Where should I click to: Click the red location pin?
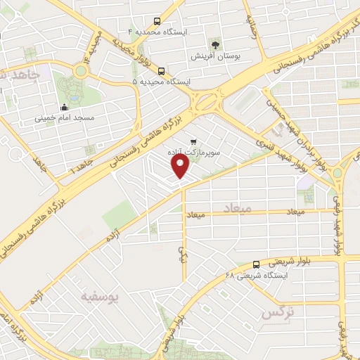pyautogui.click(x=181, y=166)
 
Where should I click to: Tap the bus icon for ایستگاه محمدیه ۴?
pyautogui.click(x=157, y=22)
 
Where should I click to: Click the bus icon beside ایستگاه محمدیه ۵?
pyautogui.click(x=162, y=71)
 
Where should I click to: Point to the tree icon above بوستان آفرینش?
pyautogui.click(x=215, y=44)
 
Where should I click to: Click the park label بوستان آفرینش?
pyautogui.click(x=215, y=55)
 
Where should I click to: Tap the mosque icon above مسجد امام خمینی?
pyautogui.click(x=65, y=108)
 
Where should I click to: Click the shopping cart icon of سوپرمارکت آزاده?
pyautogui.click(x=193, y=141)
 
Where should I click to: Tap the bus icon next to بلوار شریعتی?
pyautogui.click(x=255, y=264)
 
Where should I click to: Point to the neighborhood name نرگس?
pyautogui.click(x=277, y=312)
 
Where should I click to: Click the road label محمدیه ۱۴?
pyautogui.click(x=89, y=46)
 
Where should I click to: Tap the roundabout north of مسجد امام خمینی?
pyautogui.click(x=83, y=71)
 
